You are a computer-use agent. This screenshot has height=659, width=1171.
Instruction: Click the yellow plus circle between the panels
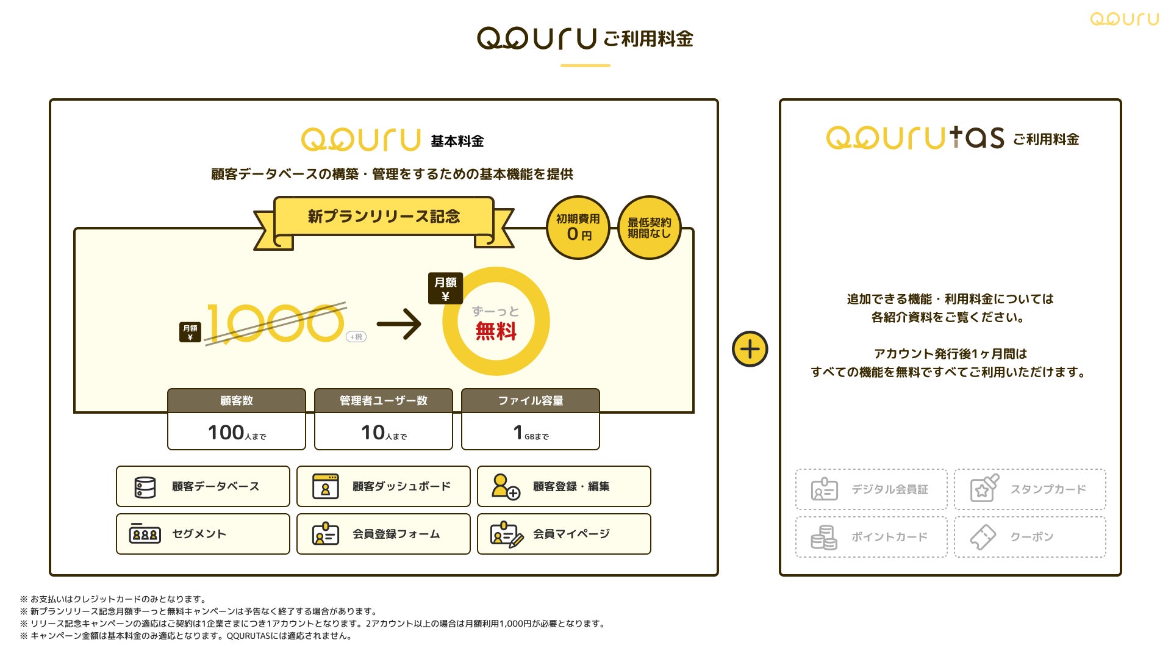tap(750, 349)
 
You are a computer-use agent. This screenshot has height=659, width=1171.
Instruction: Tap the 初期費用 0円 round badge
tap(578, 228)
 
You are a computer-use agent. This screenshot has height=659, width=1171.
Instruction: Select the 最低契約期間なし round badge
tap(649, 228)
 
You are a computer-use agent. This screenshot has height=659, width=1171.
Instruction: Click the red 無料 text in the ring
tap(496, 331)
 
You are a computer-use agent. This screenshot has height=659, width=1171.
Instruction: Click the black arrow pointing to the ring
tap(399, 323)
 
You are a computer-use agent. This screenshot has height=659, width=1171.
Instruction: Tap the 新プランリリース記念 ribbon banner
tap(384, 217)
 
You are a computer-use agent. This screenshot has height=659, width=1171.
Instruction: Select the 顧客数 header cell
tap(237, 401)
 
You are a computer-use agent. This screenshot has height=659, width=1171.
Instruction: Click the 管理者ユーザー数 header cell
tap(384, 401)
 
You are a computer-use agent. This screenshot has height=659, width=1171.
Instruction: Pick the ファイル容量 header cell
tap(531, 401)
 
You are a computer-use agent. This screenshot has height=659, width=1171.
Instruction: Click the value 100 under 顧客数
tap(226, 433)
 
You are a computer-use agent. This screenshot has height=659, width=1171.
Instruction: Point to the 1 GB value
tap(518, 433)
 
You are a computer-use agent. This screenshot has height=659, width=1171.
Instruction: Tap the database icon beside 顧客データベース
tap(145, 487)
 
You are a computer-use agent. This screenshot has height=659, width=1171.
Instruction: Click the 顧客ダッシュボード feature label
tap(401, 486)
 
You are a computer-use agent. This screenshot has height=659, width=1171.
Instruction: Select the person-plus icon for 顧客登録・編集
tap(506, 486)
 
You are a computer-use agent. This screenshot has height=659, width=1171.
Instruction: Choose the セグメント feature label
tap(199, 534)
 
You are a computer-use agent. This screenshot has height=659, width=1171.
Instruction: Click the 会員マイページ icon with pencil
tap(506, 535)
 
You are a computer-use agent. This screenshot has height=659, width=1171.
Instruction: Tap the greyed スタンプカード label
tap(1048, 489)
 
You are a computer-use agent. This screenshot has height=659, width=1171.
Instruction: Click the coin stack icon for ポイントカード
tap(824, 538)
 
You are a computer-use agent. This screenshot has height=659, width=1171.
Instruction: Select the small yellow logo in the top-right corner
tap(1124, 20)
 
